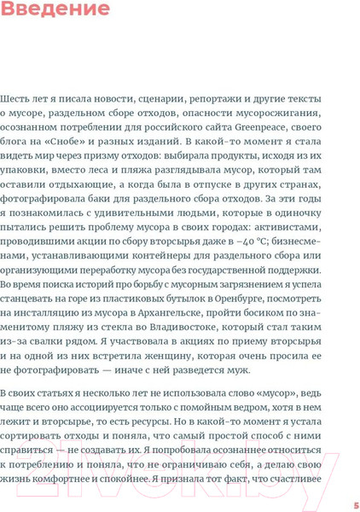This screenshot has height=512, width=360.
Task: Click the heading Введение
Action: tap(55, 11)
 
